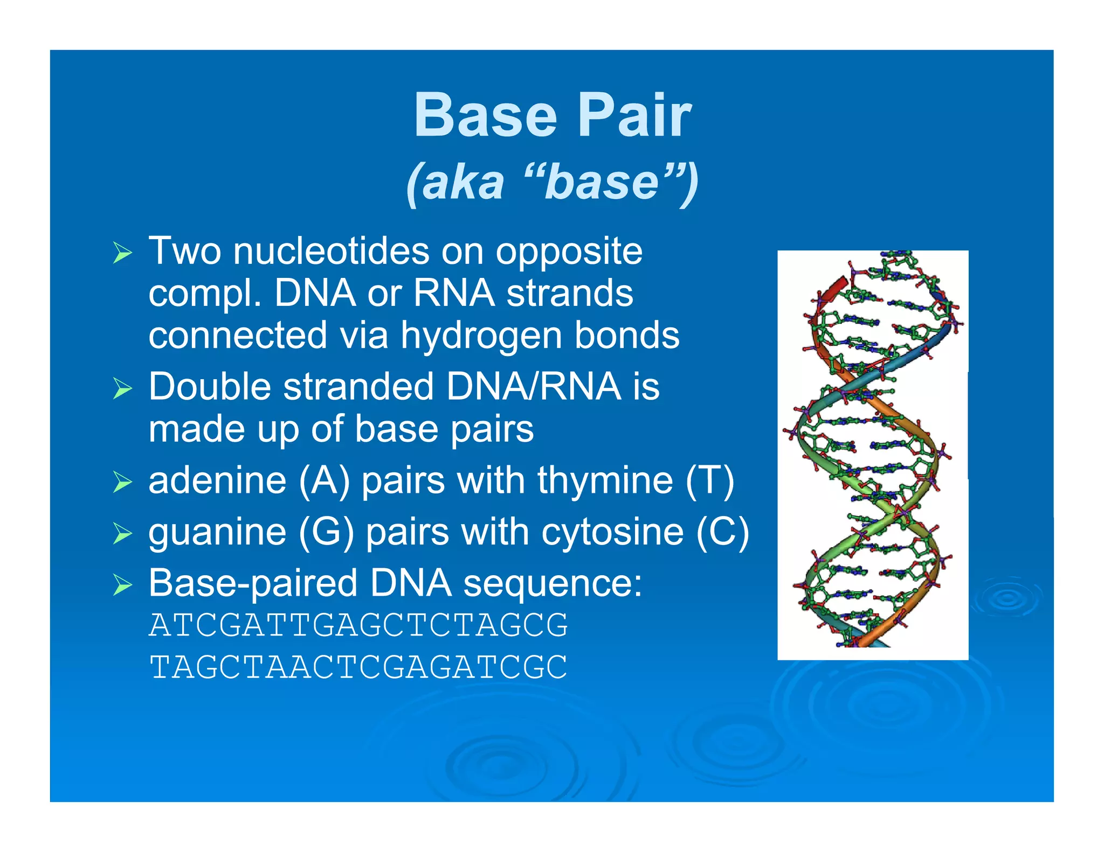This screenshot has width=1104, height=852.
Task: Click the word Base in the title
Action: point(485,115)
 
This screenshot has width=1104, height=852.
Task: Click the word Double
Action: point(210,387)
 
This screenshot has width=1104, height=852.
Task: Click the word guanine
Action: point(217,532)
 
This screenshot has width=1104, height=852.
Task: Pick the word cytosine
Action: point(612,532)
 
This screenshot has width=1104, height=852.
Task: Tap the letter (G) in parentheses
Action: point(326,532)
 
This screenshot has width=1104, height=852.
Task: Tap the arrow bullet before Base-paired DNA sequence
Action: point(122,585)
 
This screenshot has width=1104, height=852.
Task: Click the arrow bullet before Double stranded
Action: point(122,388)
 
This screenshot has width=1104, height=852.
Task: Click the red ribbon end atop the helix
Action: point(836,286)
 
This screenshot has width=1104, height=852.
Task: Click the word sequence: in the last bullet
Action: point(553,584)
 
